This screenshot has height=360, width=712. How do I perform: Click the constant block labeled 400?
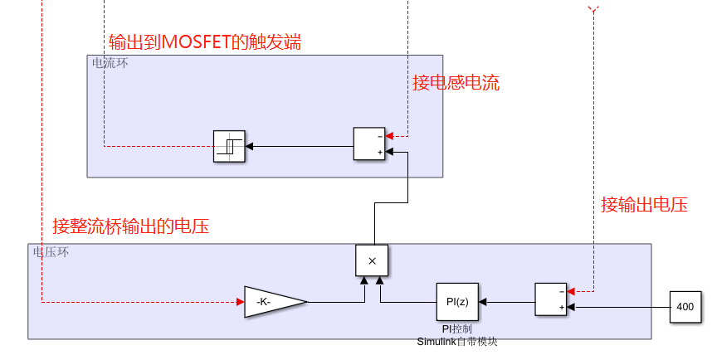[x=685, y=307]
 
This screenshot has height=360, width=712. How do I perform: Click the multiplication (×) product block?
[x=372, y=260]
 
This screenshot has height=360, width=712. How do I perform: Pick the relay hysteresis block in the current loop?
[x=228, y=146]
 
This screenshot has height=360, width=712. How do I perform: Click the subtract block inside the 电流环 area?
[x=370, y=144]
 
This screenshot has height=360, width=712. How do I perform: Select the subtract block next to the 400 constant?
[x=550, y=299]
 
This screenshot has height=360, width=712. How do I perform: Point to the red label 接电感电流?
[x=456, y=82]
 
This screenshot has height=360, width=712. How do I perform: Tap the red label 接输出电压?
[x=644, y=204]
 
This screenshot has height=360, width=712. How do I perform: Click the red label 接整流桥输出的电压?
[x=130, y=226]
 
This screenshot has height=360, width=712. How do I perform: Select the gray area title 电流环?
[x=110, y=63]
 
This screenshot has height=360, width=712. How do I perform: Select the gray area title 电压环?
[x=51, y=251]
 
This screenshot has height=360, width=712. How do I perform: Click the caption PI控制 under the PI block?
[x=456, y=329]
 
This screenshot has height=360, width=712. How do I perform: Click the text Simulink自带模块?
[x=456, y=342]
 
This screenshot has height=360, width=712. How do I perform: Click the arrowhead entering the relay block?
[x=249, y=147]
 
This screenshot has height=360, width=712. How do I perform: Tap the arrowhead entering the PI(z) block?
[x=484, y=302]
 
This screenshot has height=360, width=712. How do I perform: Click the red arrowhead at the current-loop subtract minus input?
[x=392, y=136]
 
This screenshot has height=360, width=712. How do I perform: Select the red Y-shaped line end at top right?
[x=592, y=8]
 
